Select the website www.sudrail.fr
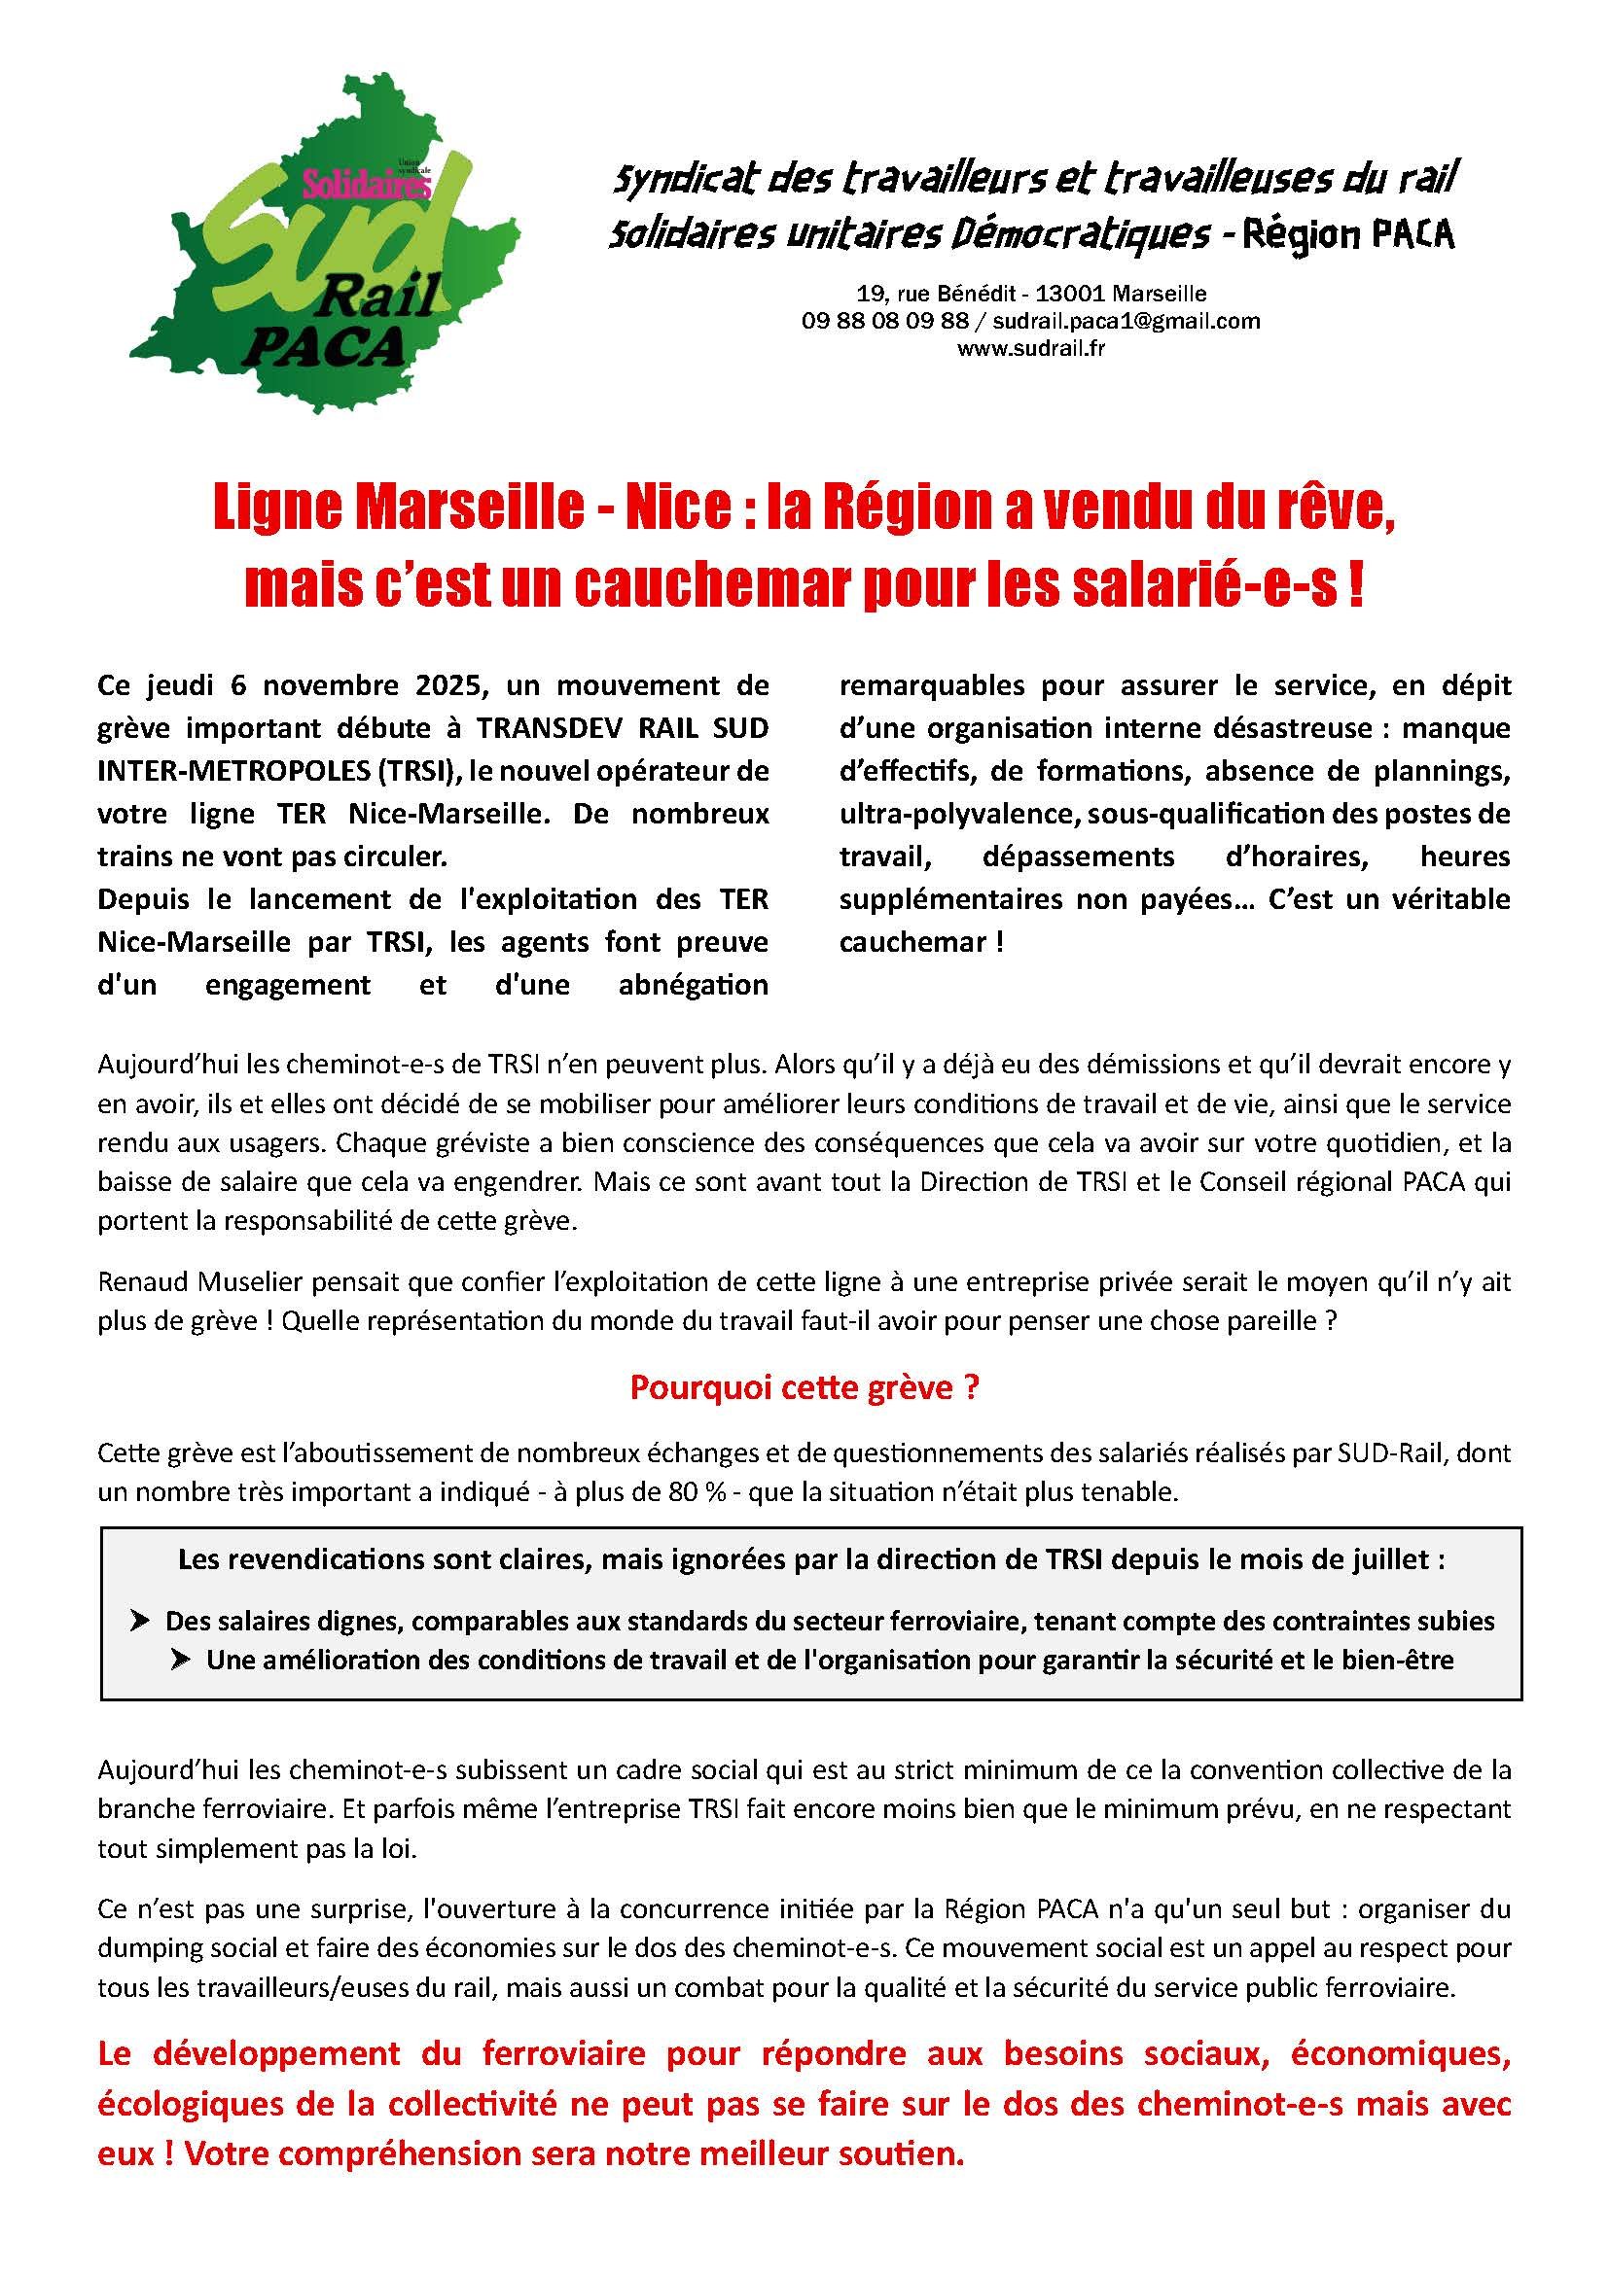pyautogui.click(x=1030, y=348)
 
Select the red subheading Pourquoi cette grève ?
pyautogui.click(x=804, y=1388)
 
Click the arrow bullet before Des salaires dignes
pyautogui.click(x=141, y=1622)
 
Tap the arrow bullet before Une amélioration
pyautogui.click(x=181, y=1660)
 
